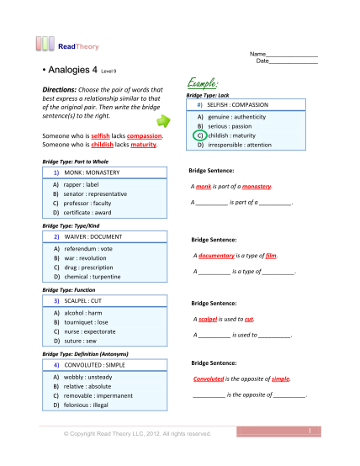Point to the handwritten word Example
200,84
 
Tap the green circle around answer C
199,135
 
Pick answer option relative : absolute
85,385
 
